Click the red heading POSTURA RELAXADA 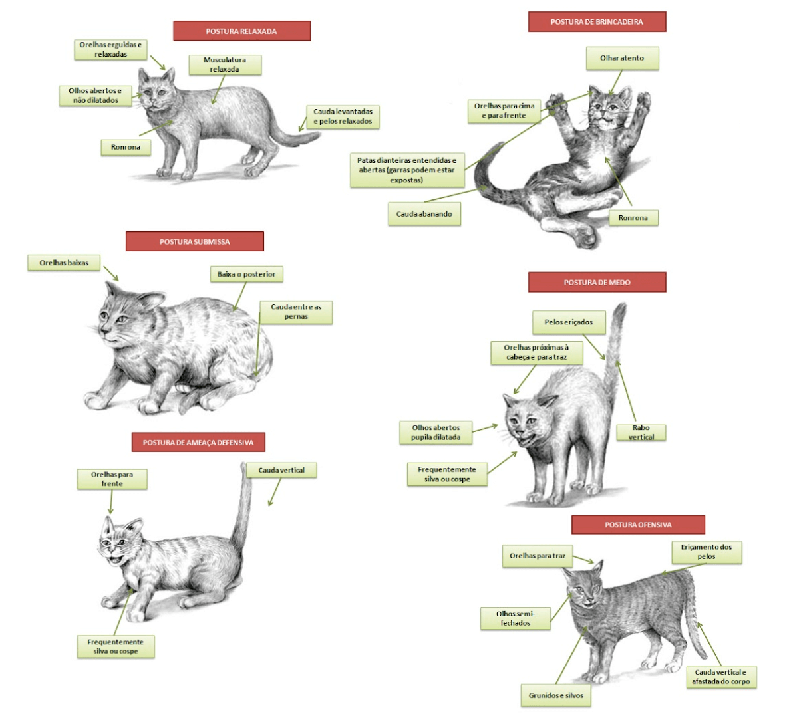[x=242, y=31]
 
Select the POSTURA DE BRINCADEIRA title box [x=597, y=21]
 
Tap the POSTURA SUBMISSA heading [x=195, y=241]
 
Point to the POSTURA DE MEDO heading [x=597, y=282]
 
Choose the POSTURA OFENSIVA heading [x=638, y=525]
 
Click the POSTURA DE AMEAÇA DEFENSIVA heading [x=198, y=442]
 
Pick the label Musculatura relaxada [x=225, y=64]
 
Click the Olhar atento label [x=622, y=59]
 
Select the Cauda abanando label [x=424, y=213]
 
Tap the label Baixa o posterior [x=246, y=274]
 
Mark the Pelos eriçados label [x=569, y=322]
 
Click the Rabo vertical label [x=641, y=433]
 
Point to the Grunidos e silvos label [x=555, y=695]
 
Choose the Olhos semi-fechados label [x=516, y=618]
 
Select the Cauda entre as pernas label [x=295, y=312]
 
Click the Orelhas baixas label [x=64, y=263]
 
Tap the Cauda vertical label [x=281, y=470]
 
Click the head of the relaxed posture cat [x=156, y=90]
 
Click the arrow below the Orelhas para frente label [x=111, y=502]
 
